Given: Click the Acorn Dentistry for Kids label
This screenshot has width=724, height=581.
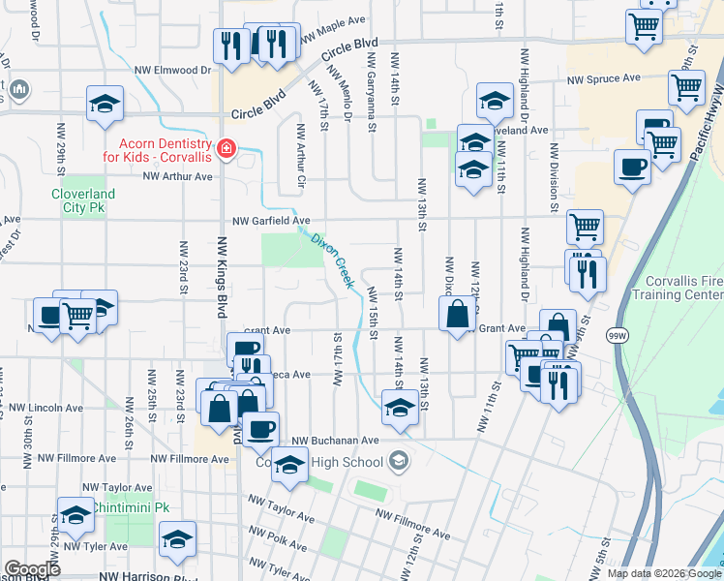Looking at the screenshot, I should (159, 148).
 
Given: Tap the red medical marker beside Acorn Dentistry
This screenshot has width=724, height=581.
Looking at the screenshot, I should (226, 148).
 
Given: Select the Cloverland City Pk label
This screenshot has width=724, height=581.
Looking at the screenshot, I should (83, 200).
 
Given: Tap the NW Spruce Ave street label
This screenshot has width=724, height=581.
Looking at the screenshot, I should (604, 78).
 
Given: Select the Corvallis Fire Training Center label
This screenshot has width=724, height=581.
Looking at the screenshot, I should (683, 288).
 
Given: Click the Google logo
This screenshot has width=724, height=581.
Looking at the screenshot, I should (32, 568).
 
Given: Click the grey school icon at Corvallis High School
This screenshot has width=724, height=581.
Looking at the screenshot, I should (398, 462).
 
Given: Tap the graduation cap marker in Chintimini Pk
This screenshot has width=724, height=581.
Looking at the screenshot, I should (75, 514).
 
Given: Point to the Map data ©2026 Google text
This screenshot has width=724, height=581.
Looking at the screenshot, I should (664, 573).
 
